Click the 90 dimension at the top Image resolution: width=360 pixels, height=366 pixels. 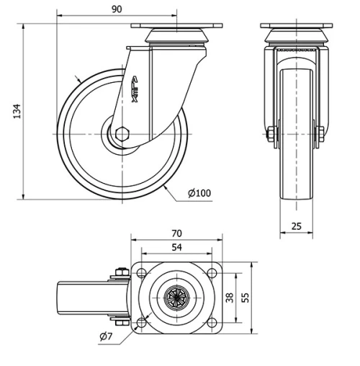[x=117, y=9]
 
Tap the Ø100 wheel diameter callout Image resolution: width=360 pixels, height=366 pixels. [x=199, y=193]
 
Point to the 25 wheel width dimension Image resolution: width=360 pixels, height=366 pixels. [x=296, y=226]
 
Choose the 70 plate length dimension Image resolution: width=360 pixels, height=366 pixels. [x=176, y=233]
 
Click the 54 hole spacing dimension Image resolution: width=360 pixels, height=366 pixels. [x=176, y=247]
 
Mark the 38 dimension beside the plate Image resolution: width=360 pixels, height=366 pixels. [x=230, y=298]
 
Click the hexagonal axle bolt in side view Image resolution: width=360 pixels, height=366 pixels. [x=122, y=134]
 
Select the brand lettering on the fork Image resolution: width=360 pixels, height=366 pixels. [x=135, y=89]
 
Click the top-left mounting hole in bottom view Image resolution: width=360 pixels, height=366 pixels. [x=141, y=273]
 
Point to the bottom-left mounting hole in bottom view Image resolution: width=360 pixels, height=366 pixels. [x=141, y=322]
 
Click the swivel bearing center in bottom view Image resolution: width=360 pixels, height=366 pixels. [x=176, y=298]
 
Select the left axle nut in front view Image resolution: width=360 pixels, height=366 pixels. [x=271, y=134]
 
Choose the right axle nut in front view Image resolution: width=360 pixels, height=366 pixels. [x=319, y=133]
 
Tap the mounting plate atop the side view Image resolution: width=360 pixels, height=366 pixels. [x=176, y=26]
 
